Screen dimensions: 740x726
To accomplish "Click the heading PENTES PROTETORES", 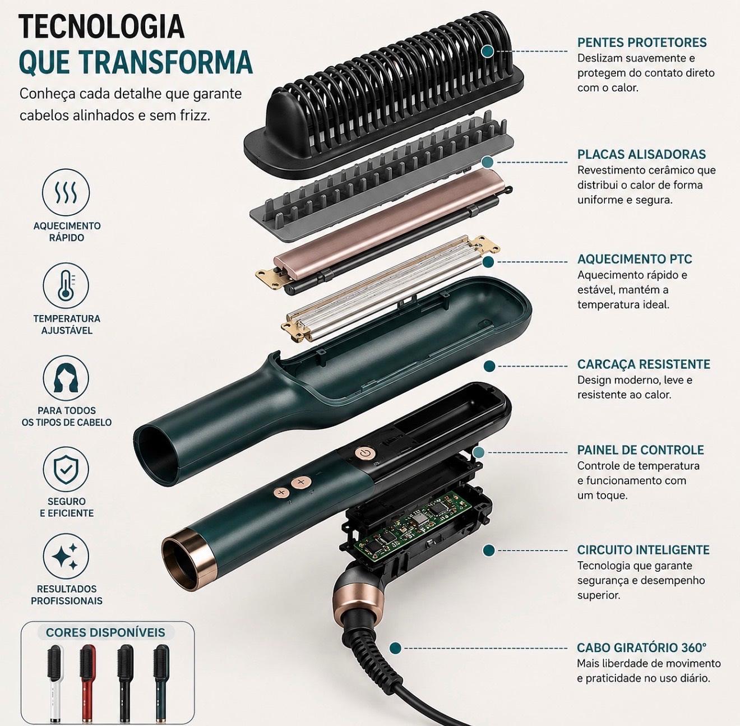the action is click(642, 42).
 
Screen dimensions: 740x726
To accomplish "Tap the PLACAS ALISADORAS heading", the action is click(641, 154).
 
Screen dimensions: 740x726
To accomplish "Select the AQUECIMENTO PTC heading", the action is click(635, 259).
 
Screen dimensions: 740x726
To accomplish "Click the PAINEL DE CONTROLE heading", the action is click(641, 450).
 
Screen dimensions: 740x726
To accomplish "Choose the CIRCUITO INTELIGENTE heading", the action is click(643, 549).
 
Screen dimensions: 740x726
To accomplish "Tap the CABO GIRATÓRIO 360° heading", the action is click(642, 648).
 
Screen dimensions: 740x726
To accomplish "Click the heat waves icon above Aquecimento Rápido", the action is click(67, 192).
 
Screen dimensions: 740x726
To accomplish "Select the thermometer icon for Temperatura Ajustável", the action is click(67, 286).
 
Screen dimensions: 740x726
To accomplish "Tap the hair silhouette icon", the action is click(66, 378).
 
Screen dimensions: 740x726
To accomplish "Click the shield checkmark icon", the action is click(66, 469).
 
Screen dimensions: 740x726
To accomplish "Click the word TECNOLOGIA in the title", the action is click(101, 26).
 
